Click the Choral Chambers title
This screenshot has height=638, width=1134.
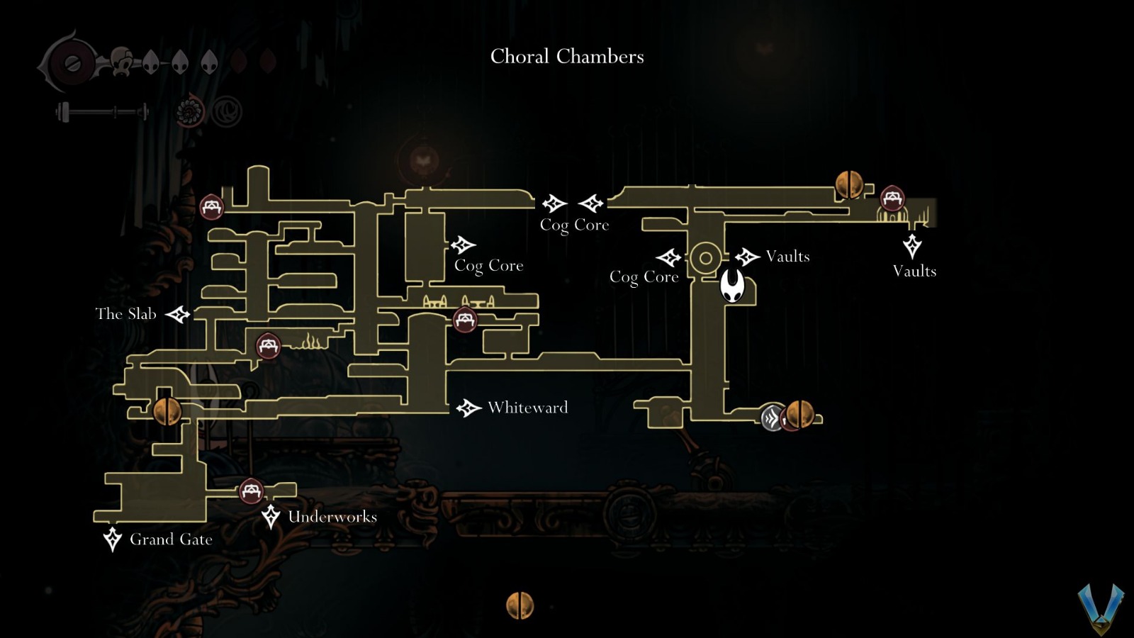[567, 57]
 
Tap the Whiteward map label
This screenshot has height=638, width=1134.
[527, 408]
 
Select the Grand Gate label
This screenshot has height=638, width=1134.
[171, 539]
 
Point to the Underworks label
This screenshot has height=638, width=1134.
[332, 517]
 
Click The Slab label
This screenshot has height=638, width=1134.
[125, 314]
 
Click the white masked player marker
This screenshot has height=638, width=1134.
[732, 286]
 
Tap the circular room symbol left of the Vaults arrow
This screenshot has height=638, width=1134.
[705, 257]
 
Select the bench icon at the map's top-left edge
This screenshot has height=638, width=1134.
[211, 207]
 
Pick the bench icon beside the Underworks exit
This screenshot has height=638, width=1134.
[251, 491]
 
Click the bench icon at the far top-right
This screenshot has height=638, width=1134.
[892, 198]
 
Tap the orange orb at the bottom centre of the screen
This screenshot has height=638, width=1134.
[520, 605]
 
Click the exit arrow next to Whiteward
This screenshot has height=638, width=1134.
[468, 408]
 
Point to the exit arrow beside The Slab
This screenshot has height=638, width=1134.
[178, 314]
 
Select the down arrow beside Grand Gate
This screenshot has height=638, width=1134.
[113, 539]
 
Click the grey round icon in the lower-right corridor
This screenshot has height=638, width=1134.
[772, 418]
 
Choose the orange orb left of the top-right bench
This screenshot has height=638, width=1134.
[849, 184]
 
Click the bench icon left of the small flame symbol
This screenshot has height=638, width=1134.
[268, 346]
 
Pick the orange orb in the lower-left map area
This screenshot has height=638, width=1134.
[167, 411]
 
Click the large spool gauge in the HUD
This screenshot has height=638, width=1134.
[71, 62]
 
